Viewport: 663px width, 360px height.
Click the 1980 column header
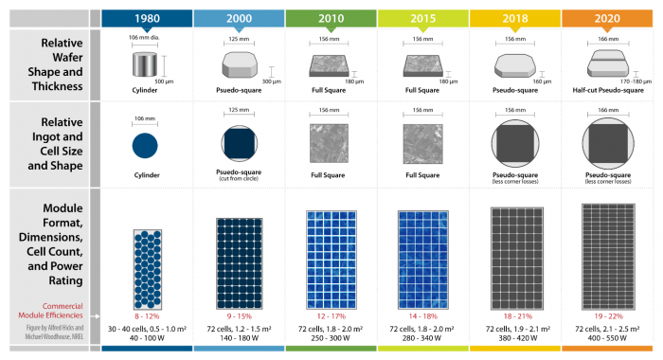pos(147,18)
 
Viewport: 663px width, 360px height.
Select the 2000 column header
pos(239,18)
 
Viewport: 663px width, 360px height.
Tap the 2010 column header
pos(331,18)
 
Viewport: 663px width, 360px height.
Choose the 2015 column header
pos(422,18)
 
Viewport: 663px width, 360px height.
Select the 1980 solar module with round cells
pos(147,262)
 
